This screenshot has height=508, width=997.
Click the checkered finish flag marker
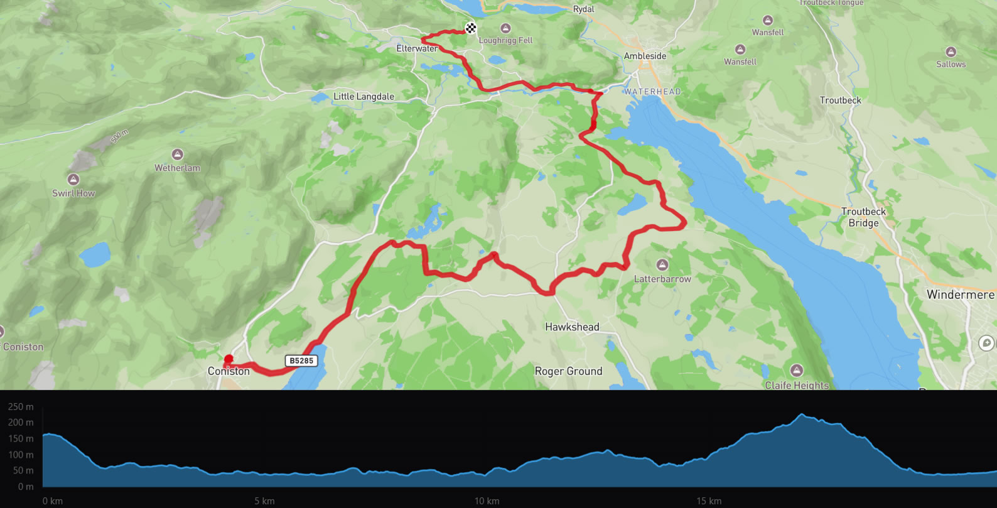point(471,28)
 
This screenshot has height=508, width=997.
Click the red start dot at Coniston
point(229,359)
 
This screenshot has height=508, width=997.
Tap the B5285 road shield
point(301,360)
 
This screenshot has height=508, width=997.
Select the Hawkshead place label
point(572,327)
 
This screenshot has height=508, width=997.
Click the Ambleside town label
point(645,56)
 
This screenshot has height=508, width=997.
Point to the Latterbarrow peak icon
point(662,265)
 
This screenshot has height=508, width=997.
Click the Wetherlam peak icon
point(178,154)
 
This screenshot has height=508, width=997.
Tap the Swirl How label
point(73,193)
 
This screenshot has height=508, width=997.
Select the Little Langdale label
point(364,97)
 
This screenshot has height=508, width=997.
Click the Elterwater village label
point(416,48)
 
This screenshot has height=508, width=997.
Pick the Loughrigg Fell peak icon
point(505,28)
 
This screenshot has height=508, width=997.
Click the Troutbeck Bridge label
point(864,217)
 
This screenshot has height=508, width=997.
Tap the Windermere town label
point(960,295)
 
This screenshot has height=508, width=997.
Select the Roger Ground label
point(568,371)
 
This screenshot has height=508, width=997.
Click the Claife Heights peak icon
point(797,370)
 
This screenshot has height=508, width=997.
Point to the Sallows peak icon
point(951,52)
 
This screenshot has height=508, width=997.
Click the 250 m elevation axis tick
point(21,407)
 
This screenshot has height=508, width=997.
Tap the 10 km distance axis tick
point(487,501)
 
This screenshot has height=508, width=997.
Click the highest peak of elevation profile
point(802,414)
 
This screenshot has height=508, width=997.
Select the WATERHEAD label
point(652,92)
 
